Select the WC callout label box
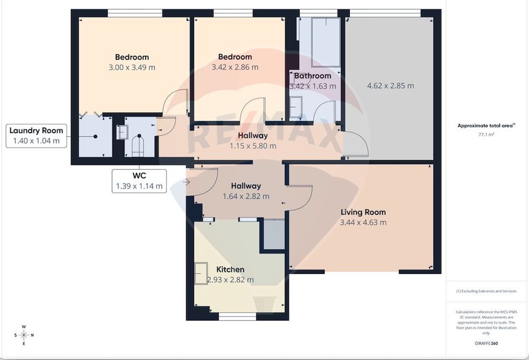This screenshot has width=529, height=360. click(x=139, y=181)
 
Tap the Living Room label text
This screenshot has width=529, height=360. click(x=363, y=212)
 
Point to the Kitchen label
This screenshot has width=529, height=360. click(x=230, y=270)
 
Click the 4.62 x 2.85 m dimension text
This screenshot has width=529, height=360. click(x=390, y=85)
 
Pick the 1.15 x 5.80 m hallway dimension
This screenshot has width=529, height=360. click(x=252, y=146)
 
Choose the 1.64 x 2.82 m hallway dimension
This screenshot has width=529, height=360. click(x=246, y=196)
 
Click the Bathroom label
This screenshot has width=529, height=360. click(x=312, y=76)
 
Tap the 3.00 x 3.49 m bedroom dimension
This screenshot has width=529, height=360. click(x=132, y=67)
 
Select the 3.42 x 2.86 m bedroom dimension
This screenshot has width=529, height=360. click(x=235, y=67)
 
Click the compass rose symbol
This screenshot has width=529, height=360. click(x=24, y=335)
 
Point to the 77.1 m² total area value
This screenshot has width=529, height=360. click(x=486, y=134)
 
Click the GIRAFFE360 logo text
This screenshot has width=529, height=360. click(x=486, y=344)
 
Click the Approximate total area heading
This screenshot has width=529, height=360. click(x=485, y=126)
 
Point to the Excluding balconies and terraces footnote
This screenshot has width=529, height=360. click(x=486, y=291)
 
